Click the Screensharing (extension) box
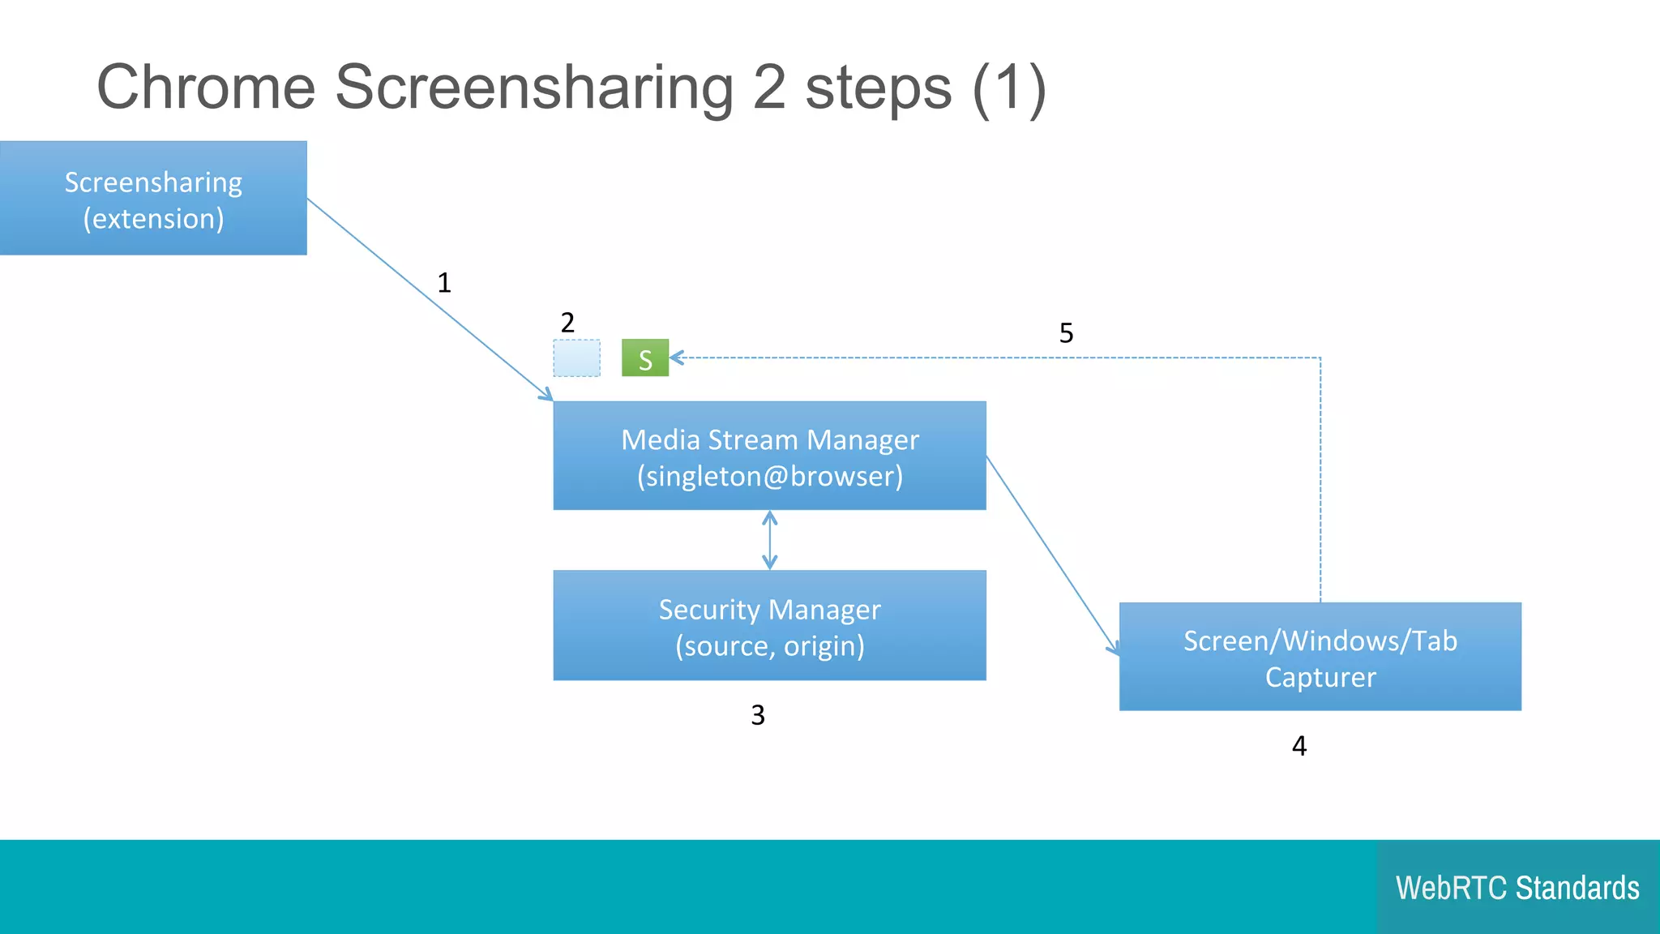click(x=153, y=198)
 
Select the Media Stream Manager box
click(x=769, y=456)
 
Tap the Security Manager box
click(x=769, y=625)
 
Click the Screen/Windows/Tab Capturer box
click(x=1320, y=657)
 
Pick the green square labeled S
click(x=645, y=358)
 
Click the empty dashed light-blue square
click(x=576, y=358)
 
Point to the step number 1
click(x=444, y=283)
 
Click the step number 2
click(x=567, y=323)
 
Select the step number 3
click(x=758, y=715)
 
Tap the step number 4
click(x=1299, y=746)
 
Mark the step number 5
click(x=1066, y=333)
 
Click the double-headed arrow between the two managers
click(x=770, y=540)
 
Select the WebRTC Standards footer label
click(x=1517, y=888)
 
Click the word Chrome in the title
click(x=206, y=88)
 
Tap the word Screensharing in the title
click(x=534, y=88)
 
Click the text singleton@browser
click(x=769, y=476)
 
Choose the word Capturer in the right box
click(x=1320, y=677)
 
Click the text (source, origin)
click(x=769, y=646)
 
